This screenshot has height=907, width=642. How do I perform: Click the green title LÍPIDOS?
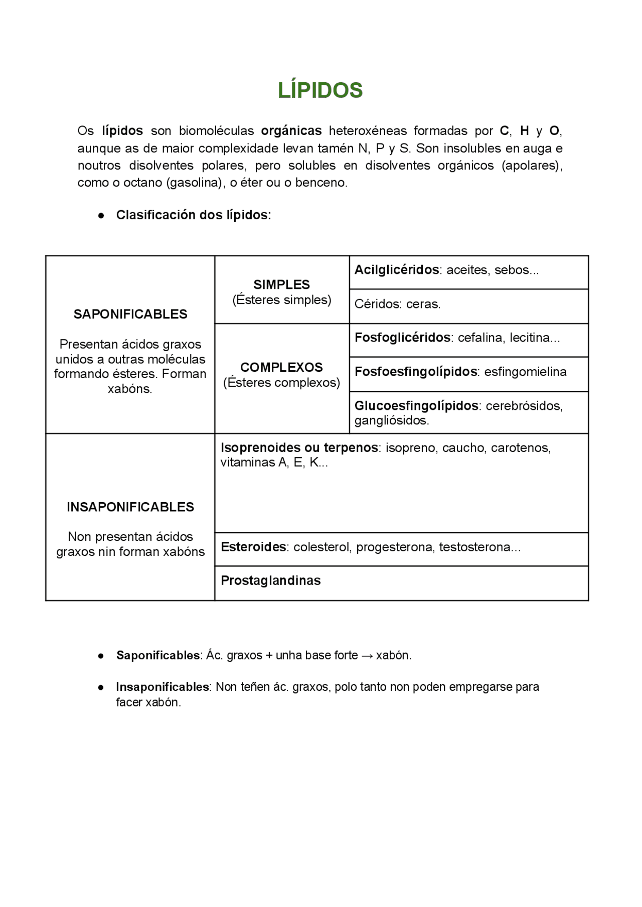pyautogui.click(x=320, y=90)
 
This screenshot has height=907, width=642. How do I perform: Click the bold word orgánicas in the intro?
pyautogui.click(x=291, y=131)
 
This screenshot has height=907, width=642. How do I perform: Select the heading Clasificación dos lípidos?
pyautogui.click(x=193, y=215)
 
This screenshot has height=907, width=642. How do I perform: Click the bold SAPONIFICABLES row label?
pyautogui.click(x=130, y=314)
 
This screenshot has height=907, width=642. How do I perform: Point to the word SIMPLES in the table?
pyautogui.click(x=281, y=284)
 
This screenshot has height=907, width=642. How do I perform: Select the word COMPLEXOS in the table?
pyautogui.click(x=281, y=367)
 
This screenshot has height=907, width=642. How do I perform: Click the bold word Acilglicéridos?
pyautogui.click(x=397, y=270)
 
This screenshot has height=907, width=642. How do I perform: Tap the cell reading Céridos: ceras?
pyautogui.click(x=397, y=304)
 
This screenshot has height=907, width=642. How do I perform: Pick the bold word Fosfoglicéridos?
pyautogui.click(x=402, y=338)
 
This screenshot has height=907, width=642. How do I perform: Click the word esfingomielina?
pyautogui.click(x=525, y=372)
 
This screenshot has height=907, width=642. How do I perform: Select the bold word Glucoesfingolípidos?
pyautogui.click(x=416, y=405)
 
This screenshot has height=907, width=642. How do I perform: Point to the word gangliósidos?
pyautogui.click(x=391, y=420)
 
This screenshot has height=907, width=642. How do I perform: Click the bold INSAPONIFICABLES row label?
pyautogui.click(x=130, y=507)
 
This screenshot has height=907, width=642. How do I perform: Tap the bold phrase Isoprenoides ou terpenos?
pyautogui.click(x=299, y=447)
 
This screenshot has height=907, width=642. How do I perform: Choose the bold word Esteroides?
pyautogui.click(x=253, y=547)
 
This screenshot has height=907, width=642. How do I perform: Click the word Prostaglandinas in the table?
pyautogui.click(x=270, y=580)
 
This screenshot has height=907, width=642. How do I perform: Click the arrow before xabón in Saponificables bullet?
pyautogui.click(x=367, y=656)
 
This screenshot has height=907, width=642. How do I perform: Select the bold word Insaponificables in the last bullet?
pyautogui.click(x=163, y=687)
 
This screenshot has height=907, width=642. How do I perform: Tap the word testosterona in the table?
pyautogui.click(x=474, y=547)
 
